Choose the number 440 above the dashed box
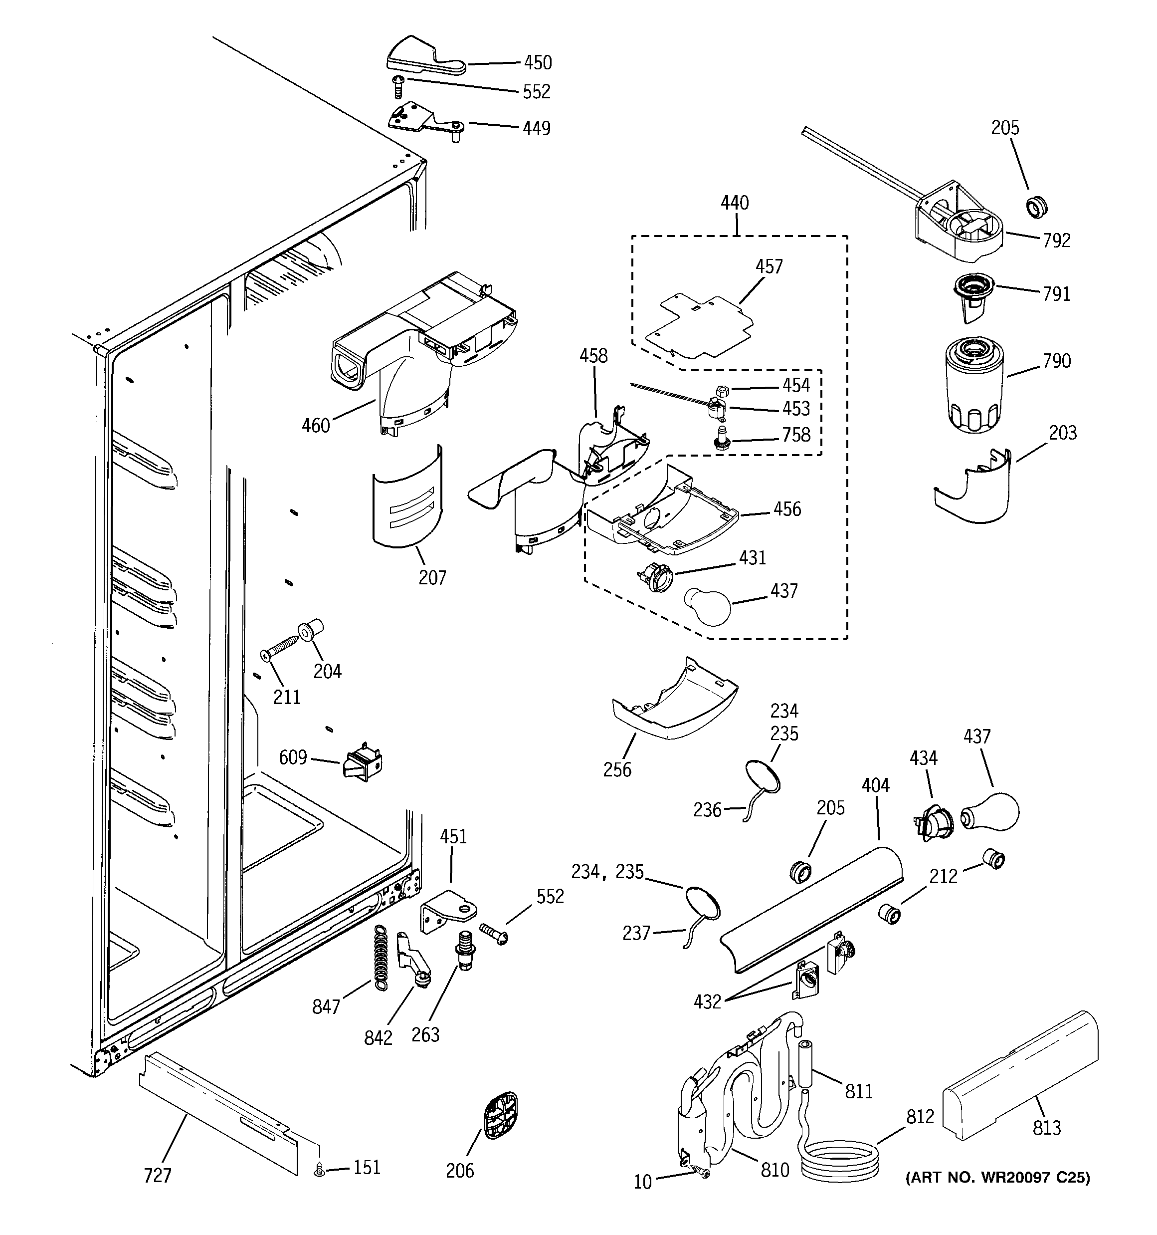point(735,203)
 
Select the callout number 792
point(1056,241)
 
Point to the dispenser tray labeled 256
point(674,708)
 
